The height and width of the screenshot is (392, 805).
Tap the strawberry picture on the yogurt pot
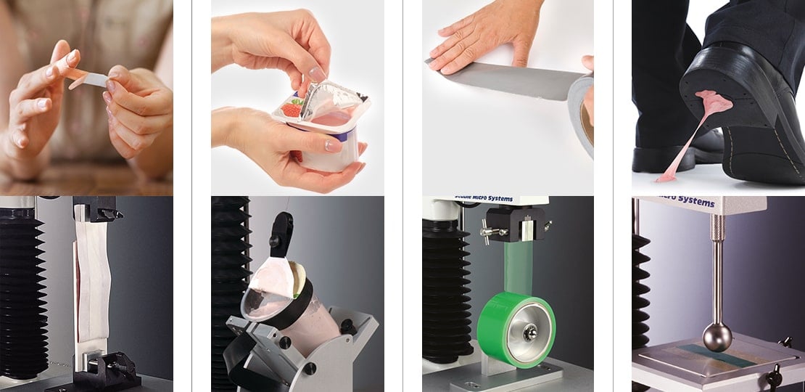point(291,110)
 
